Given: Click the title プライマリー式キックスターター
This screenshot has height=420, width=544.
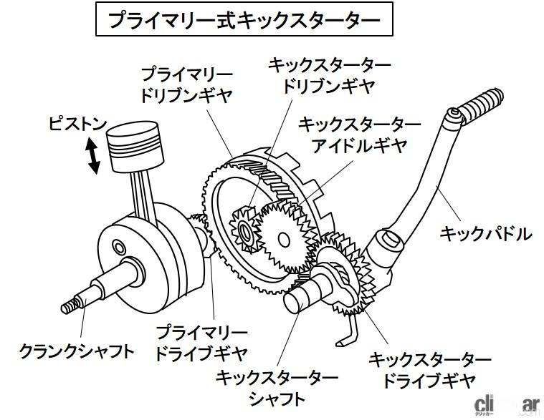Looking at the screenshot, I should pos(243,19).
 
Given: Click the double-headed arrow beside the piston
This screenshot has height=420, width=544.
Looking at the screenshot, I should pos(92,155).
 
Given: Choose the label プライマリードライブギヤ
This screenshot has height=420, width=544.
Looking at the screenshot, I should pos(201,343).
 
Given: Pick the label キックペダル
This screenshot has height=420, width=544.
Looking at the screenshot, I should pos(485,233).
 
